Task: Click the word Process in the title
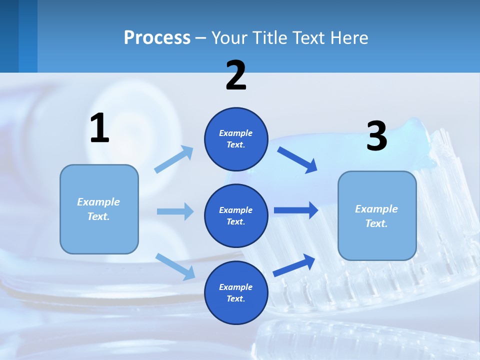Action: tap(157, 38)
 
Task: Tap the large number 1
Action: tap(99, 128)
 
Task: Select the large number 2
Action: tap(236, 75)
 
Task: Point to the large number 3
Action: tap(376, 136)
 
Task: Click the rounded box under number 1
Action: tap(99, 209)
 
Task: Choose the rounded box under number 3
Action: tap(377, 215)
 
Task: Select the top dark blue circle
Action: tap(236, 139)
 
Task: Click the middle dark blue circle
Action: tap(236, 215)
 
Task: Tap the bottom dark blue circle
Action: tap(236, 292)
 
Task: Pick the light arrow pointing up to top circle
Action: tap(174, 159)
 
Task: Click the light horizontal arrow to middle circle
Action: tap(175, 211)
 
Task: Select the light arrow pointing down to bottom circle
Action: tap(175, 266)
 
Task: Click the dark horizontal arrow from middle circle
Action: tap(296, 210)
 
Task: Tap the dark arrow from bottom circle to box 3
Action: tap(294, 265)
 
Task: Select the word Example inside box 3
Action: tap(376, 209)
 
